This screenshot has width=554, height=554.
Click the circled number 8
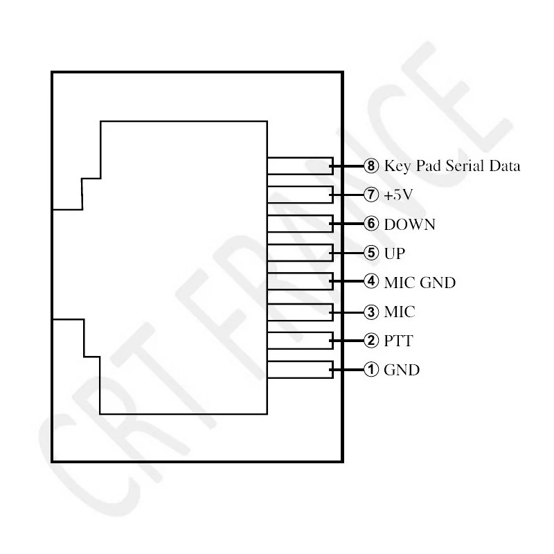coord(371,166)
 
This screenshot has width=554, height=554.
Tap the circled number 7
coord(371,195)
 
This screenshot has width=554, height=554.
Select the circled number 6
coord(371,224)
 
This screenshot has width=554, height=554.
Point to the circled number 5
coord(371,253)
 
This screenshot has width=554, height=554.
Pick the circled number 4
coord(371,282)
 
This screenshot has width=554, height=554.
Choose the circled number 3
coord(371,312)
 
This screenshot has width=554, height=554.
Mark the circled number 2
coord(371,341)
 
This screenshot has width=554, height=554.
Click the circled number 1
coord(371,370)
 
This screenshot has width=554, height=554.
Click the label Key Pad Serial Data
coord(452,166)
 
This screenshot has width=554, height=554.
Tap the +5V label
coord(398,195)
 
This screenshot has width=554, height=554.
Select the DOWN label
coord(410,224)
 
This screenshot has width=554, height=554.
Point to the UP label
coord(394,253)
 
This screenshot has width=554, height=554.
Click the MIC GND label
coord(420,283)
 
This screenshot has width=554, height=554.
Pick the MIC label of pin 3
coord(400,312)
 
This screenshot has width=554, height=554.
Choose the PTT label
coord(399,341)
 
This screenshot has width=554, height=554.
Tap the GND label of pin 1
coord(402,370)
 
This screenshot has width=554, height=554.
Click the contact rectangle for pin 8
coord(301,166)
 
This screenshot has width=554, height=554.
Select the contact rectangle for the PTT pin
coord(301,341)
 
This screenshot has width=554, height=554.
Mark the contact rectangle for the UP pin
coord(301,253)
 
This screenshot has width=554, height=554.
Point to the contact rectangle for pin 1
coord(301,370)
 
